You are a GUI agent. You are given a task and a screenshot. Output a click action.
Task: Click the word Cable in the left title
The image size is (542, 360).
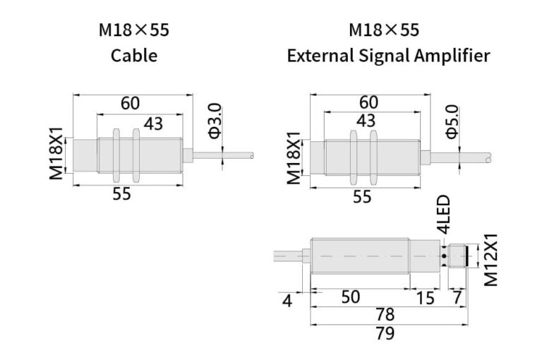tap(133, 56)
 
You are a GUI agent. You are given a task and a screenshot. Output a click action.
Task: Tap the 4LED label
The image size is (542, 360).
tap(443, 216)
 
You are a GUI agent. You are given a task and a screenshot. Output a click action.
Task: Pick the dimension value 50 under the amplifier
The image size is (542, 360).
tap(351, 297)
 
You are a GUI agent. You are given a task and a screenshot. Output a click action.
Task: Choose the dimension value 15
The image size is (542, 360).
tap(425, 298)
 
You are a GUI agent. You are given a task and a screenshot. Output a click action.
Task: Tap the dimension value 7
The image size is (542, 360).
tap(457, 298)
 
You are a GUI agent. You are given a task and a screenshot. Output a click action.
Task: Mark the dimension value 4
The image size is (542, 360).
tap(287, 301)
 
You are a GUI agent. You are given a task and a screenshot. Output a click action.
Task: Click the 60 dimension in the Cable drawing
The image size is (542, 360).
tap(130, 103)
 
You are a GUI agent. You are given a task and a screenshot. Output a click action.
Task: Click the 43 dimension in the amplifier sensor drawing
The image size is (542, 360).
tap(366, 121)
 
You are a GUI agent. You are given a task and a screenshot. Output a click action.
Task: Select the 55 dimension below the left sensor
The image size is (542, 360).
tap(121, 194)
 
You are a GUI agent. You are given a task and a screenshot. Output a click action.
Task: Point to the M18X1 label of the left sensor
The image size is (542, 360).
tap(56, 155)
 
